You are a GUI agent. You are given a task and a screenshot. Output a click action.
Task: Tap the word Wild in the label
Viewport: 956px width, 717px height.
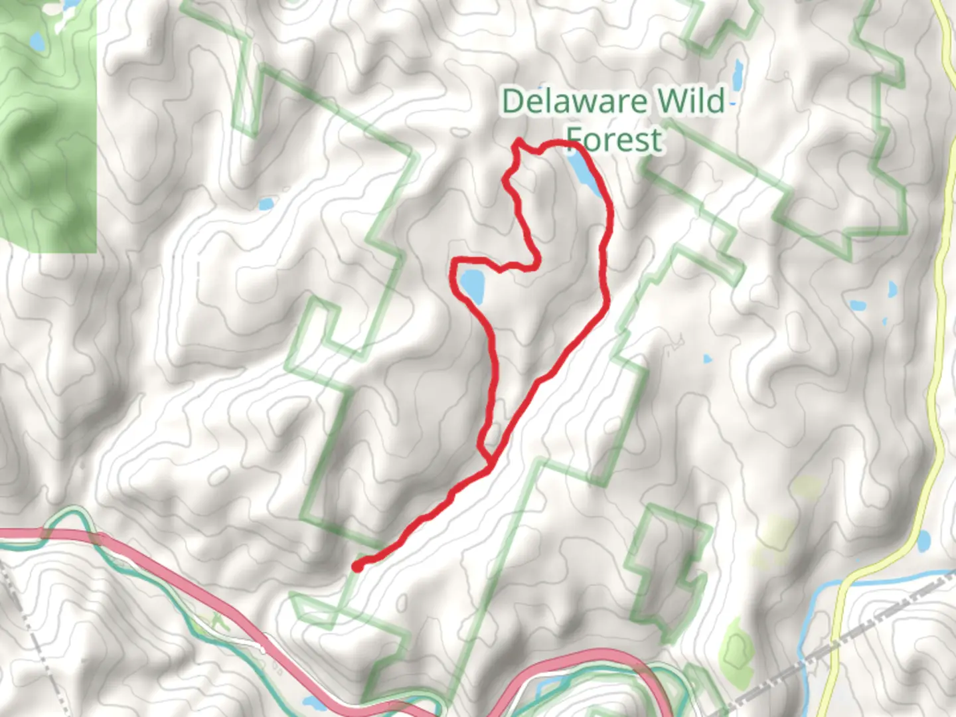coord(690,102)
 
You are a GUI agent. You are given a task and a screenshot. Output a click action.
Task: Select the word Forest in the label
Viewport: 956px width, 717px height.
coord(615,140)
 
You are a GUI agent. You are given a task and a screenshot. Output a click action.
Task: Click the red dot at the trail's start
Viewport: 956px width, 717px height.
coord(357,566)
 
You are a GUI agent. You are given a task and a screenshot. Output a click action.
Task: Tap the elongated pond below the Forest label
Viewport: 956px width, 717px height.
coord(584,171)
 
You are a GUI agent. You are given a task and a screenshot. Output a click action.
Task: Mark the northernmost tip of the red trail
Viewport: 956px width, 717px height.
coord(518,141)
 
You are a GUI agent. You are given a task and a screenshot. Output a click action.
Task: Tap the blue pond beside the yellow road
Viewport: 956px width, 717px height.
coord(923,541)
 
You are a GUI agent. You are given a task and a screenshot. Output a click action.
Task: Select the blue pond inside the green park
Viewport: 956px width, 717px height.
coord(37,42)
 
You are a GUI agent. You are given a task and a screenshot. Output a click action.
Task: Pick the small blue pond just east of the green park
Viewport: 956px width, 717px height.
coord(266,203)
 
